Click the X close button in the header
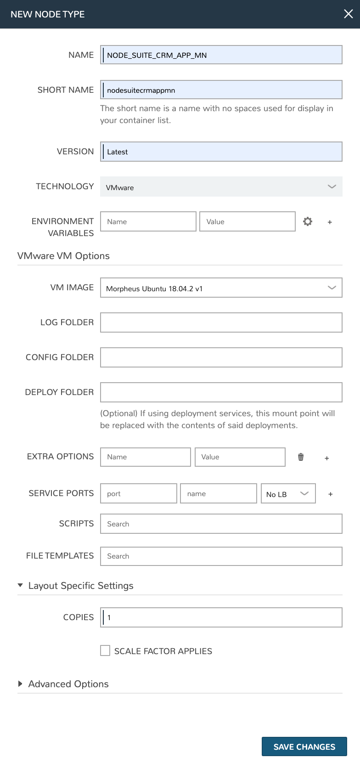point(349,14)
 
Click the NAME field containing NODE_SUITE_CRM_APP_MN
point(221,55)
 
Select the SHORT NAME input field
point(221,90)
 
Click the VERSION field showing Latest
point(221,152)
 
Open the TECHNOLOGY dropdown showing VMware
point(221,187)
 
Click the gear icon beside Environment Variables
point(308,221)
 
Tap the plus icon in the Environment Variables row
point(330,222)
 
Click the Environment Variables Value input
point(247,221)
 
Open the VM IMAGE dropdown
point(221,288)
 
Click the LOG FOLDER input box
point(221,322)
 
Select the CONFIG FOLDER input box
point(221,357)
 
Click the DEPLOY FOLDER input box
point(221,392)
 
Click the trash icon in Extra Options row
point(301,457)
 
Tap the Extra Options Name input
point(145,457)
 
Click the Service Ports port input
point(138,493)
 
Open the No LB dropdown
point(288,494)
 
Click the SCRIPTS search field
point(221,524)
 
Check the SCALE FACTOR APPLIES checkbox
point(105,650)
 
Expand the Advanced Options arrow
point(20,684)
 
